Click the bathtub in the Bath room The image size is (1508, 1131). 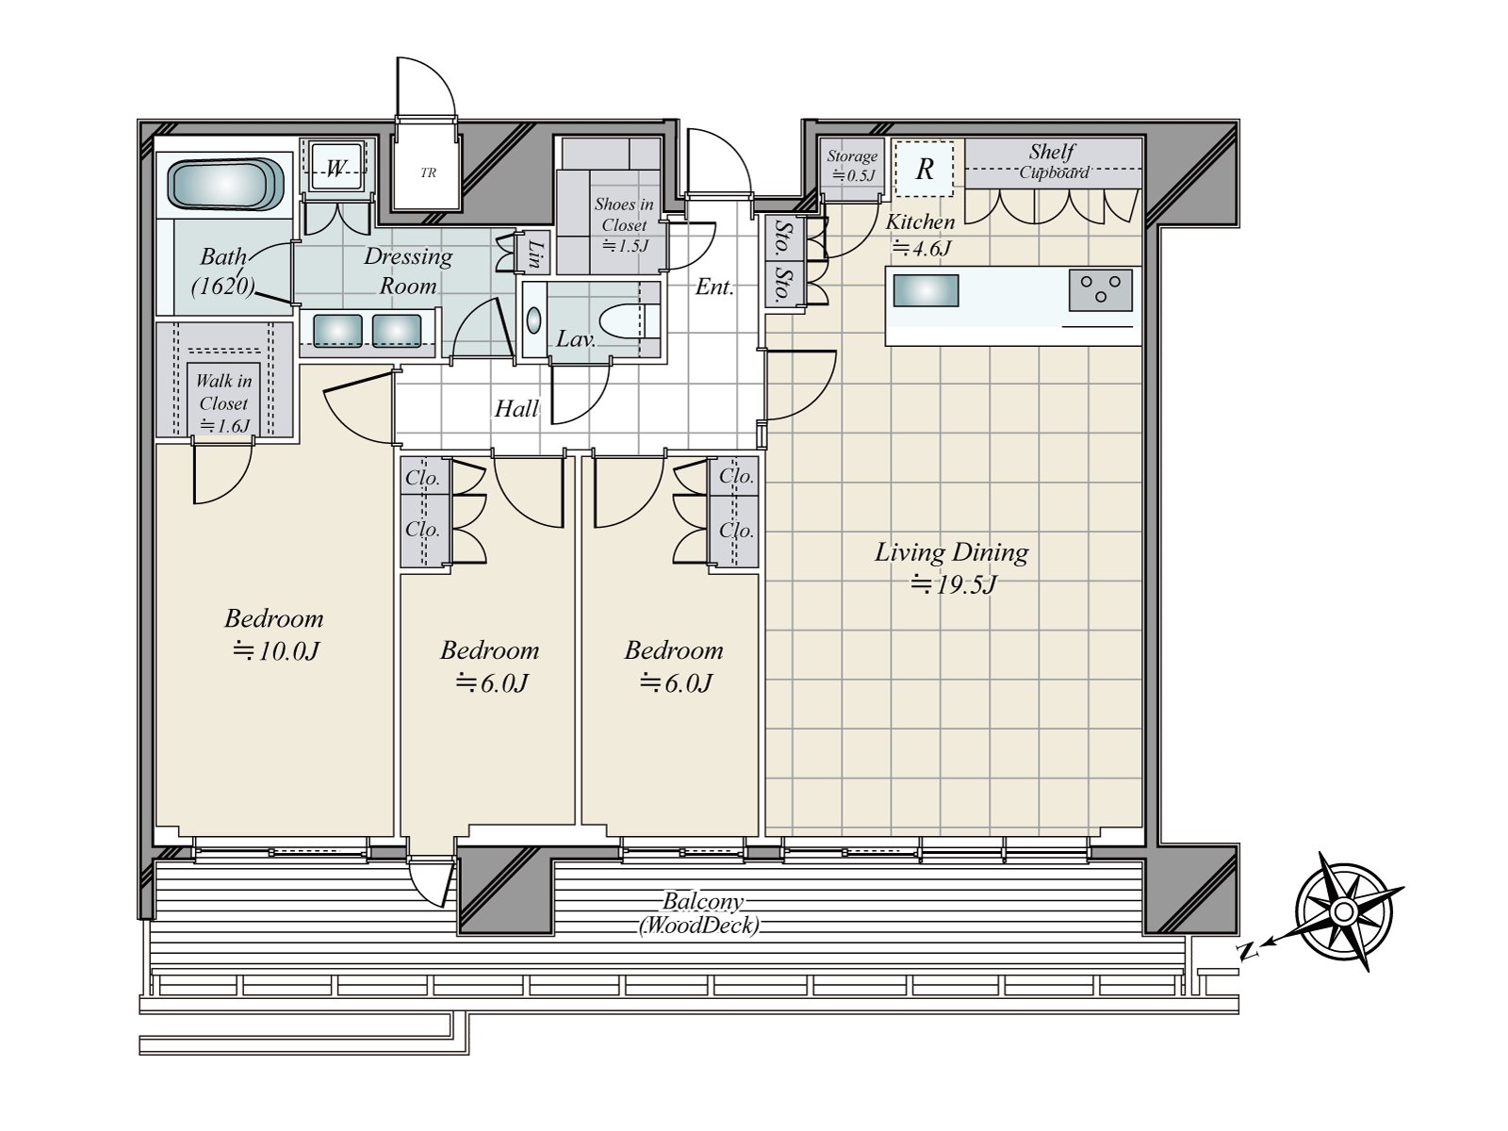226,185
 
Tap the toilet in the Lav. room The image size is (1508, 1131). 630,321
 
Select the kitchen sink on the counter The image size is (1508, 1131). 926,290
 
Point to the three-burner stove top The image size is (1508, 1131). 1100,289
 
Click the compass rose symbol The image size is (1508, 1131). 1343,911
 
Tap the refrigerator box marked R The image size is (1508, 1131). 924,169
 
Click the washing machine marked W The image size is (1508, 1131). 336,168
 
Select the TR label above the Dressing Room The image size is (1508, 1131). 428,173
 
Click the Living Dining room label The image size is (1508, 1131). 952,568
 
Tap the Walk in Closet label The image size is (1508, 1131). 224,403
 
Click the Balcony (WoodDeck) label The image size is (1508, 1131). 700,914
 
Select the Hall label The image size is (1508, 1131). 516,409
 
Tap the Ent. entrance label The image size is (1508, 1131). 714,287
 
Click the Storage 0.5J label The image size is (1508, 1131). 852,166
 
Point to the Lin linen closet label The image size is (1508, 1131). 535,254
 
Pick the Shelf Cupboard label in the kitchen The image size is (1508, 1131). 1053,160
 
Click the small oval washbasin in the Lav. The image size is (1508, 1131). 533,320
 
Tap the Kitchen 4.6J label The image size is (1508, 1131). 920,234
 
